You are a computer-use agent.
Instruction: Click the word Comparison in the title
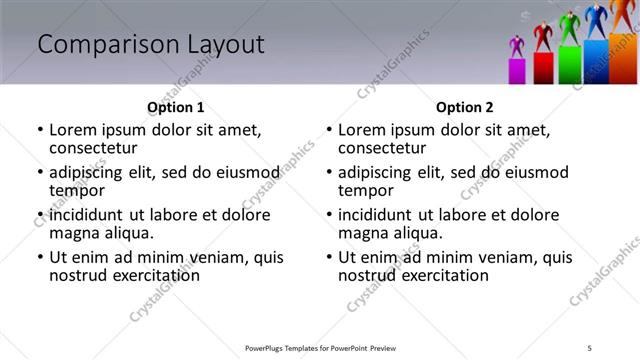coord(100,44)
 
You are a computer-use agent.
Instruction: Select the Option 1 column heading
coord(175,107)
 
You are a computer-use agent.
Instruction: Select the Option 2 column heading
coord(465,107)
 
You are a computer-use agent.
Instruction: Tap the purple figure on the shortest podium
coord(517,47)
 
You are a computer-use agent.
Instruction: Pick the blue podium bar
coord(595,62)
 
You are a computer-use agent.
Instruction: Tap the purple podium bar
coord(518,71)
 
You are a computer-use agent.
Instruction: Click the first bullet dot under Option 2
coord(329,130)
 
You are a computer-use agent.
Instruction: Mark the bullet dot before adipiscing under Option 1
coord(40,172)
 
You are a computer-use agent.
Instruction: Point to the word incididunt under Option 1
coord(87,215)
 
